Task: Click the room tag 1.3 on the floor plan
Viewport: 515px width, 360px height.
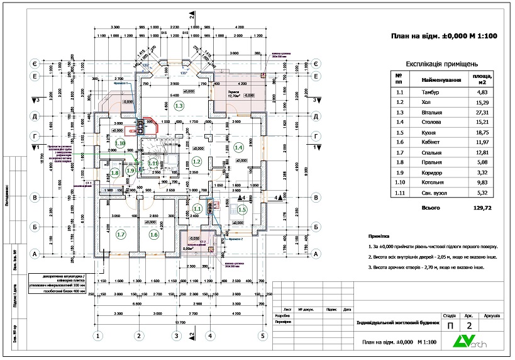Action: tap(179, 106)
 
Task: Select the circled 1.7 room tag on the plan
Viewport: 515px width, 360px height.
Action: tap(121, 234)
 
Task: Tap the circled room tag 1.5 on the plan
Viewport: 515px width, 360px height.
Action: tap(242, 210)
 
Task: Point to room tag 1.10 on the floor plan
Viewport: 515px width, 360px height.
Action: tap(121, 143)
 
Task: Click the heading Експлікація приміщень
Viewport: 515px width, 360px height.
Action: tap(441, 64)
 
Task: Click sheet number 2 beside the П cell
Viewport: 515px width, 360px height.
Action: tap(468, 326)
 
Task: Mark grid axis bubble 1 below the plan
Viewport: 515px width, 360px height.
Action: tap(97, 335)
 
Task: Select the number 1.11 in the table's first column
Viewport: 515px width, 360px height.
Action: tap(399, 193)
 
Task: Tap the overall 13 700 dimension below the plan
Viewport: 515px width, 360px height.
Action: tap(180, 322)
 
